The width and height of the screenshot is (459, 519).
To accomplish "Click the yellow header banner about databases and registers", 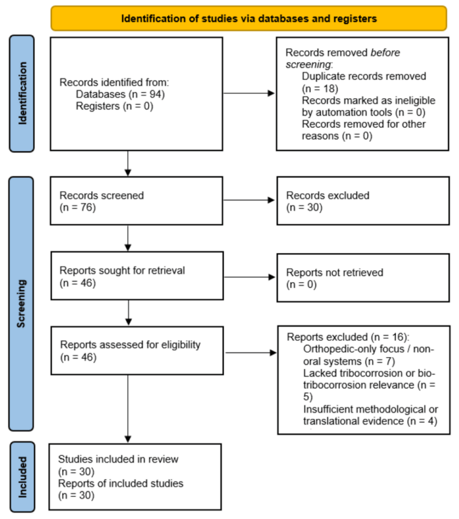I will click(x=248, y=19).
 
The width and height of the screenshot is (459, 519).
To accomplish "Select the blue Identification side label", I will click(x=22, y=93).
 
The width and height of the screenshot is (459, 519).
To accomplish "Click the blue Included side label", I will click(x=22, y=476).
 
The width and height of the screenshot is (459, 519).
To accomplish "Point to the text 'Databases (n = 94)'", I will click(x=121, y=94).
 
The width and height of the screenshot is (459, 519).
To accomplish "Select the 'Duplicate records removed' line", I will click(x=364, y=77).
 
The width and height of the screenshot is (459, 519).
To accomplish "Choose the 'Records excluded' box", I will click(x=363, y=200).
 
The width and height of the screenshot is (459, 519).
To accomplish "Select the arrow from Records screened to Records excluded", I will click(x=249, y=200).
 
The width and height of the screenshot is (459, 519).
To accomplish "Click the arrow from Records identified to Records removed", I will click(x=249, y=93).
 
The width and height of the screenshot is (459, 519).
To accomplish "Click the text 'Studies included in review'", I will click(x=118, y=460).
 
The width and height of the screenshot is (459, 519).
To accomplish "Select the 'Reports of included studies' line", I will click(x=121, y=484).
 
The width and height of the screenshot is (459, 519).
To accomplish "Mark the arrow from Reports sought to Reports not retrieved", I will click(x=249, y=276).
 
